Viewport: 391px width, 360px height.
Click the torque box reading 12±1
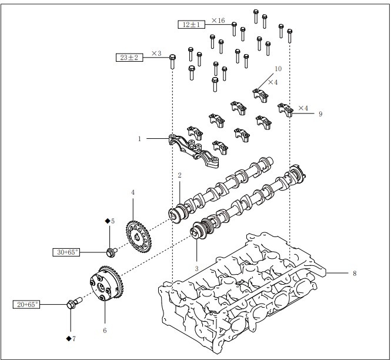(x=191, y=25)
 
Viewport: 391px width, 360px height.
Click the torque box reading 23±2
(x=129, y=58)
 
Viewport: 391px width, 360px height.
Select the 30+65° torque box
(x=66, y=252)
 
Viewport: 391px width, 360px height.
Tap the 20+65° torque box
(x=26, y=304)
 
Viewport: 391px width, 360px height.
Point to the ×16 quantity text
(x=218, y=21)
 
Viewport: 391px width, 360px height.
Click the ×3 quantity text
(x=156, y=54)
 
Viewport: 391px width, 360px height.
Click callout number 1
(x=139, y=139)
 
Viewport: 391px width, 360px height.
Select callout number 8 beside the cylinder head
(x=355, y=273)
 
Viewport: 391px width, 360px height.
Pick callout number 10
(x=278, y=69)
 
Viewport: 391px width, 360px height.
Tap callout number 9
(x=320, y=114)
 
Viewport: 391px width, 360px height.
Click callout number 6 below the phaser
(x=105, y=331)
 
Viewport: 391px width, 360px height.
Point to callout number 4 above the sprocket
(x=133, y=192)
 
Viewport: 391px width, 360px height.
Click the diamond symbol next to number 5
(x=108, y=221)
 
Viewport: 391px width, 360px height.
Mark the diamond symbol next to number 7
(x=69, y=339)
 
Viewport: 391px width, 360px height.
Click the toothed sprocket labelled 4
(x=139, y=236)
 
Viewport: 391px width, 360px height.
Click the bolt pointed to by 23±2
(x=172, y=61)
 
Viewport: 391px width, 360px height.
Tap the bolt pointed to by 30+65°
(x=112, y=252)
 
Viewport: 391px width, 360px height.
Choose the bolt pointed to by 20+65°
(x=74, y=302)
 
